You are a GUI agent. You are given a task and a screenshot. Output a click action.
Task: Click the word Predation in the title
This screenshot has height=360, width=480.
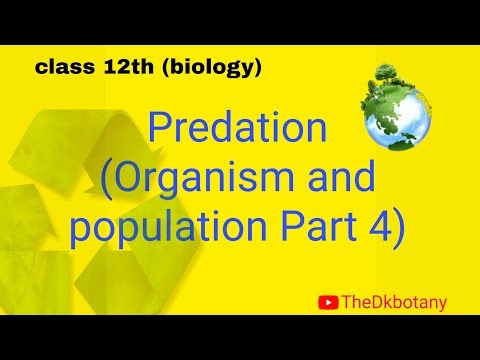pyautogui.click(x=236, y=129)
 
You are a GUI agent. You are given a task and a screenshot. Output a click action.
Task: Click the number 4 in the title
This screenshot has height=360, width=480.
pyautogui.click(x=379, y=229)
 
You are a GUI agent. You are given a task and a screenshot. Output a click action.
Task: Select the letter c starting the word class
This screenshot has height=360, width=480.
pyautogui.click(x=41, y=69)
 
